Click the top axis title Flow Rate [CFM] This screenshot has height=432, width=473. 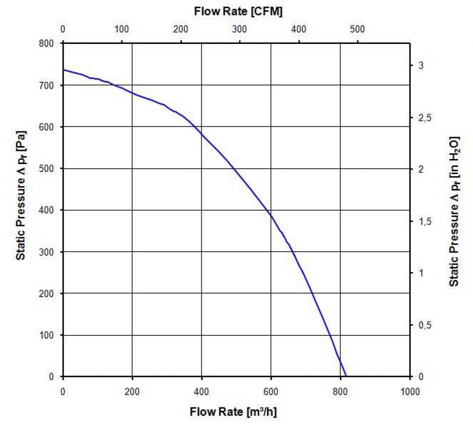coord(238,11)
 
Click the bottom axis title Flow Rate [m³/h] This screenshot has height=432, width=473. coord(233,412)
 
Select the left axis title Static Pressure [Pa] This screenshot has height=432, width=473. coord(21,195)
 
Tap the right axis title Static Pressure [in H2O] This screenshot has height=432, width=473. coord(455,211)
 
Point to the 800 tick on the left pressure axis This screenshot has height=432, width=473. coord(48,43)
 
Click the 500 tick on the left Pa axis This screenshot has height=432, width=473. coord(48,169)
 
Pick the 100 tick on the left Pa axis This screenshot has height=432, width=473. coord(48,335)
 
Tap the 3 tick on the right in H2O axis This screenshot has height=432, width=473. coord(421,66)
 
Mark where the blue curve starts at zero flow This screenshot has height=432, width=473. coord(64,70)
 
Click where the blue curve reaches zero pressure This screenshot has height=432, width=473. coord(346,376)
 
